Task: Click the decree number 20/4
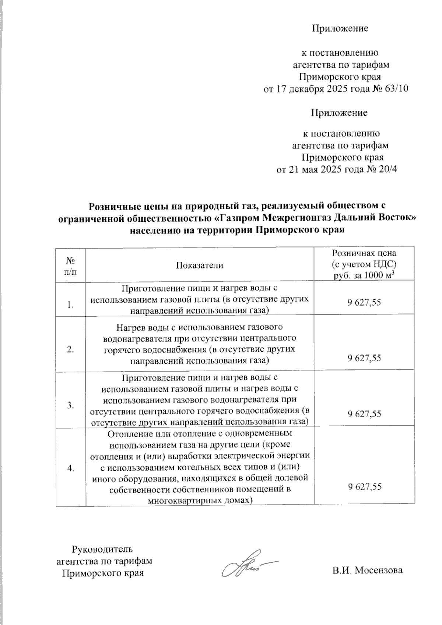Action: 387,170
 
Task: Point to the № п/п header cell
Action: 71,266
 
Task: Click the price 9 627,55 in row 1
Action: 364,303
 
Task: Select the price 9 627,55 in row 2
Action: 364,358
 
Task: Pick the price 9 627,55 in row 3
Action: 364,414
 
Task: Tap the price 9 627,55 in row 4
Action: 364,487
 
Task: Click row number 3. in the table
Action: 71,405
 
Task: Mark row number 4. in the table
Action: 71,468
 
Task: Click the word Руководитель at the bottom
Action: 102,549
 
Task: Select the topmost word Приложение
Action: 340,28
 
